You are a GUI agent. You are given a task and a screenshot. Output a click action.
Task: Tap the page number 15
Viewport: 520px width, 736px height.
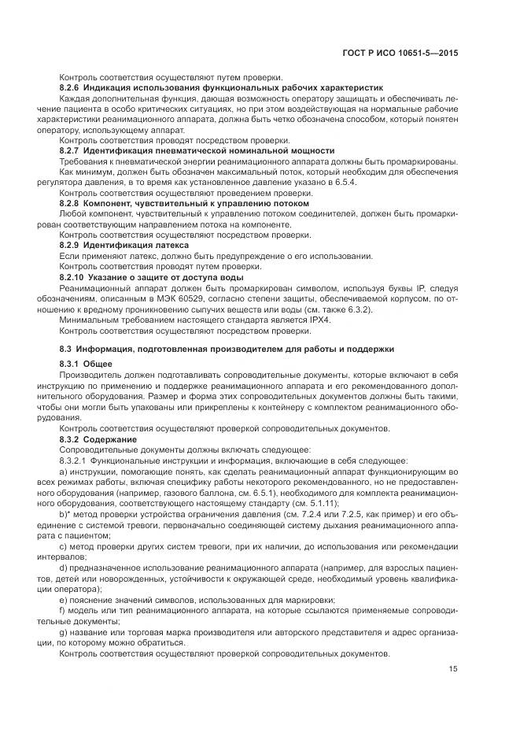pyautogui.click(x=453, y=670)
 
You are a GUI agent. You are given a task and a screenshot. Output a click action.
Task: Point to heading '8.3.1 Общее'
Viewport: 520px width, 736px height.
pyautogui.click(x=86, y=364)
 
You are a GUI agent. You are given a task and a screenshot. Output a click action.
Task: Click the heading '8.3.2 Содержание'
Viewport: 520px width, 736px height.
pyautogui.click(x=98, y=438)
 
